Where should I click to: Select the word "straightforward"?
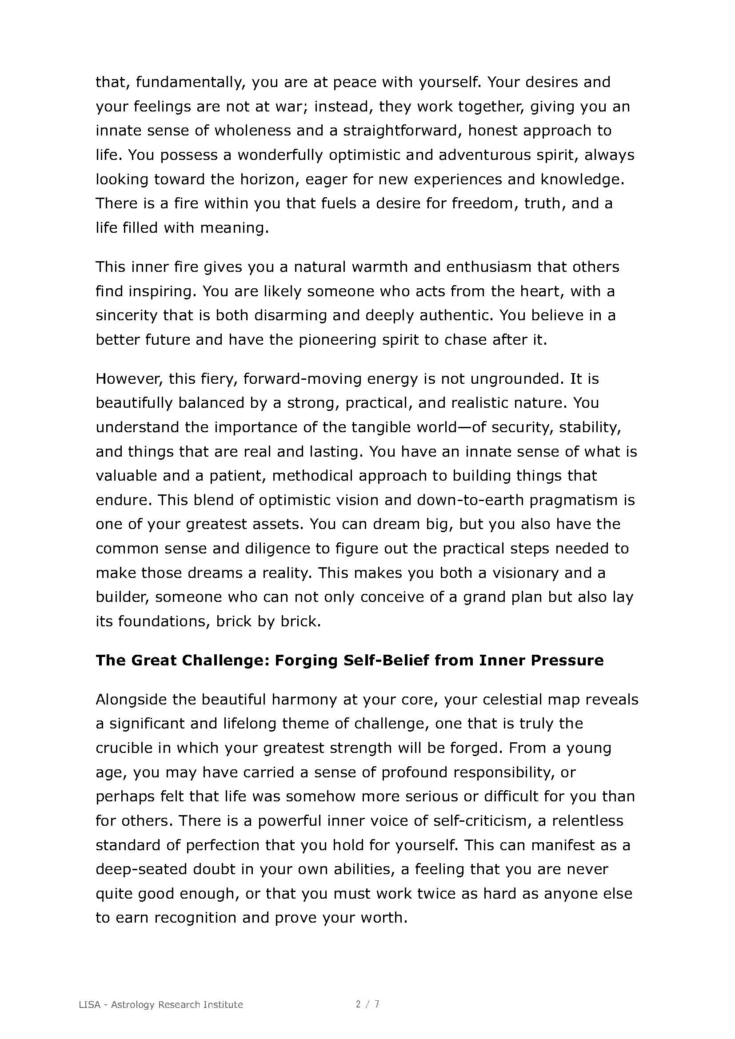coord(402,131)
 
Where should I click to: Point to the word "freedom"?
coord(484,203)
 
